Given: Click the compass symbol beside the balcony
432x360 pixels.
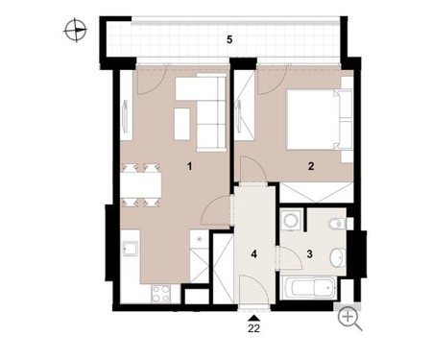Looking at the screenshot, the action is [x=76, y=31].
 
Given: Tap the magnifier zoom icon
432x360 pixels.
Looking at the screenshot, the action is [x=349, y=319].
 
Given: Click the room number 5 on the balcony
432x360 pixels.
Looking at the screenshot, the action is [x=229, y=39].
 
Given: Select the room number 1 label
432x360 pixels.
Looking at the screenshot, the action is [x=190, y=166].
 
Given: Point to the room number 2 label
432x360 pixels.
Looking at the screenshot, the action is [x=311, y=166].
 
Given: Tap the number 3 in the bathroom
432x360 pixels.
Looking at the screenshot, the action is [x=309, y=254].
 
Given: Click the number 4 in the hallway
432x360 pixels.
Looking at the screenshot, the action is [x=253, y=254].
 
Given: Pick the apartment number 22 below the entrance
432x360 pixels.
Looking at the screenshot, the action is [x=253, y=328].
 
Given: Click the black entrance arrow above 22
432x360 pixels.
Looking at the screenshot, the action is [x=253, y=318].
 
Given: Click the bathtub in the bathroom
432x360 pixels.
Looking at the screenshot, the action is [x=309, y=287].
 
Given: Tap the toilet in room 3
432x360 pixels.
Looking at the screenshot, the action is [x=337, y=224].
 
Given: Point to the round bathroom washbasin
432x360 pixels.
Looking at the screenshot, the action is [x=337, y=257].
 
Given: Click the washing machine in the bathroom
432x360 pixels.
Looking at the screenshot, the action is [x=291, y=220].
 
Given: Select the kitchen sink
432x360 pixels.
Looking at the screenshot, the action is [x=131, y=250].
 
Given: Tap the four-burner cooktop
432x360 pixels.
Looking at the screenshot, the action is [x=161, y=294].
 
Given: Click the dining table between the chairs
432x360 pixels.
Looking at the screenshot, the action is [x=141, y=185].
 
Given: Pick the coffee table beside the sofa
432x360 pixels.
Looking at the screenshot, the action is [x=181, y=124].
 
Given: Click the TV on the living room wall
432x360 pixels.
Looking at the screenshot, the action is [x=125, y=116].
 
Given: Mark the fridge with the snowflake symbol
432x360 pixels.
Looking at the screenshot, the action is [x=200, y=239].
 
